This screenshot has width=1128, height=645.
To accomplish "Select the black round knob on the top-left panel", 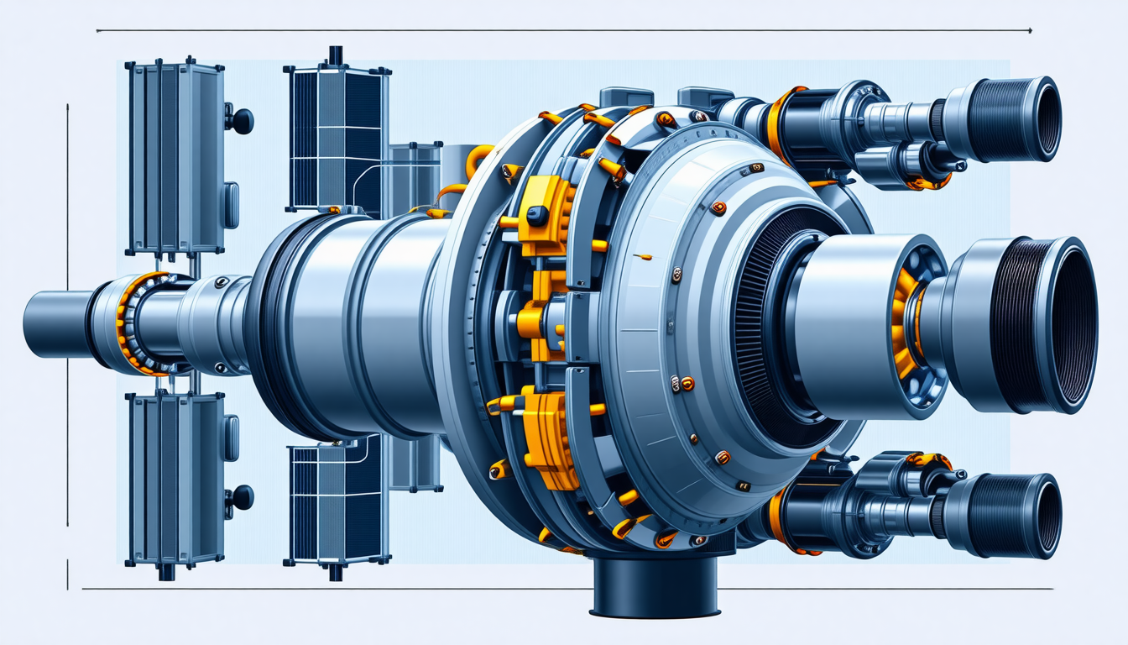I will click(x=242, y=122).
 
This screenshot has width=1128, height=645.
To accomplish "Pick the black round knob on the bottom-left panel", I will click(x=242, y=497).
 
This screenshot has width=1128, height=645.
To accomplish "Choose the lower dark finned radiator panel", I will click(x=337, y=504).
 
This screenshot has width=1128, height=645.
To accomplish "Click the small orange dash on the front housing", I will click(x=643, y=256).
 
